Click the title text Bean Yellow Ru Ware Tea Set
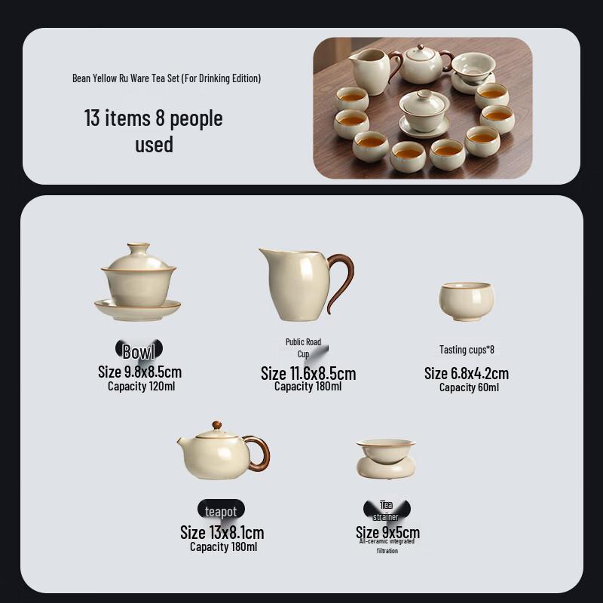166,78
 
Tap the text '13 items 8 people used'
154,131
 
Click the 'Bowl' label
139,351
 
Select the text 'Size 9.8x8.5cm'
139,372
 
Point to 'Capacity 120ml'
141,387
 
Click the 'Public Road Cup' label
303,347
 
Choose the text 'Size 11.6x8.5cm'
308,373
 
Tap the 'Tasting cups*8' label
467,350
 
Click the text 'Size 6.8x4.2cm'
467,373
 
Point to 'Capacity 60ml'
469,387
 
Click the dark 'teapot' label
221,512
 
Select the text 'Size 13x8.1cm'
222,533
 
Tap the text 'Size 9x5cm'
387,533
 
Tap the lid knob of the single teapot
217,425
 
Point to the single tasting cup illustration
467,301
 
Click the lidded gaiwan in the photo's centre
424,111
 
